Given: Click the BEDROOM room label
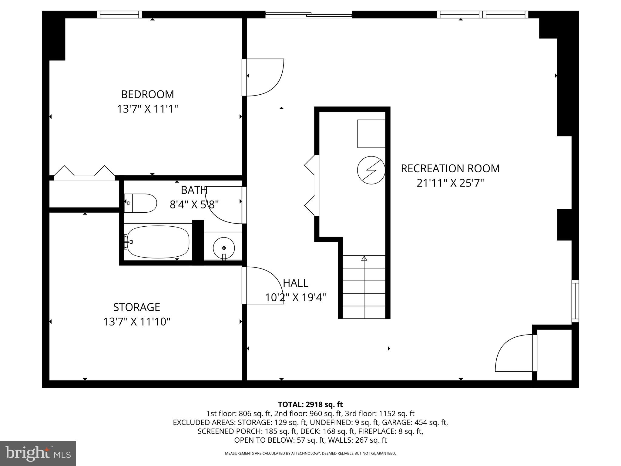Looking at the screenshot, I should pyautogui.click(x=147, y=94).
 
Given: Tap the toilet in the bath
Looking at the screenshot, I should pyautogui.click(x=141, y=203).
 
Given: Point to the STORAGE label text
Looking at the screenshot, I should pyautogui.click(x=136, y=307).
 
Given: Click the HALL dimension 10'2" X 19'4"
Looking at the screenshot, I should pyautogui.click(x=295, y=298).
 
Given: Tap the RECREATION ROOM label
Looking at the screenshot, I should pyautogui.click(x=450, y=168).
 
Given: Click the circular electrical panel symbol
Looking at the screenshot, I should pyautogui.click(x=371, y=170).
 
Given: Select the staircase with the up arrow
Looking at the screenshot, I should pyautogui.click(x=364, y=287).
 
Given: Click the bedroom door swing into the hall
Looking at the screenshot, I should pyautogui.click(x=264, y=77).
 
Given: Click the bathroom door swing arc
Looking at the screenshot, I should pyautogui.click(x=224, y=206).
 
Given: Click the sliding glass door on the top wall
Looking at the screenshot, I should pyautogui.click(x=308, y=14).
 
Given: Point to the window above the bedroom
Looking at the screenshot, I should pyautogui.click(x=119, y=14).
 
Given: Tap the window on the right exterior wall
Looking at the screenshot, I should pyautogui.click(x=575, y=301).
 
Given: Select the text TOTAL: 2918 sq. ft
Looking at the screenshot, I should pyautogui.click(x=310, y=404).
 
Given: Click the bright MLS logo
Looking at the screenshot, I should pyautogui.click(x=38, y=453).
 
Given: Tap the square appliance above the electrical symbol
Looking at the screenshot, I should pyautogui.click(x=371, y=133).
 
